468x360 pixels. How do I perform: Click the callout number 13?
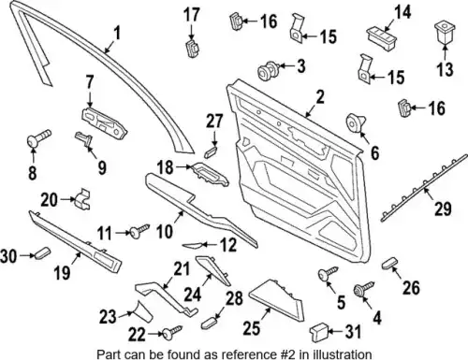445,69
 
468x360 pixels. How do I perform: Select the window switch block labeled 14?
381,36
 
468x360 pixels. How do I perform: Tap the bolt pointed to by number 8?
39,137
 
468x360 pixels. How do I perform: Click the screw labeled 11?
139,231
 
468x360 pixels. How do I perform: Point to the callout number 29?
443,209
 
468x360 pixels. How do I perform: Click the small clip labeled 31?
318,333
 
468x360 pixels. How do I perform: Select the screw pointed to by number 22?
172,332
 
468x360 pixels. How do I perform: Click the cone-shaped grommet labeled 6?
356,122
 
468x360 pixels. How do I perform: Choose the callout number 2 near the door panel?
320,97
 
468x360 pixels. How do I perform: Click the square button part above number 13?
444,33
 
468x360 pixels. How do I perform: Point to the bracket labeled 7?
104,123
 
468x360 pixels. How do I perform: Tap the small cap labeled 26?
390,263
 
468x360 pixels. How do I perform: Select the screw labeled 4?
363,289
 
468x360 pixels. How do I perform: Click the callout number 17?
191,15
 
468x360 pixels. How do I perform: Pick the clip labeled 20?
82,198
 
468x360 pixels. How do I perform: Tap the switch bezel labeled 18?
210,174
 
